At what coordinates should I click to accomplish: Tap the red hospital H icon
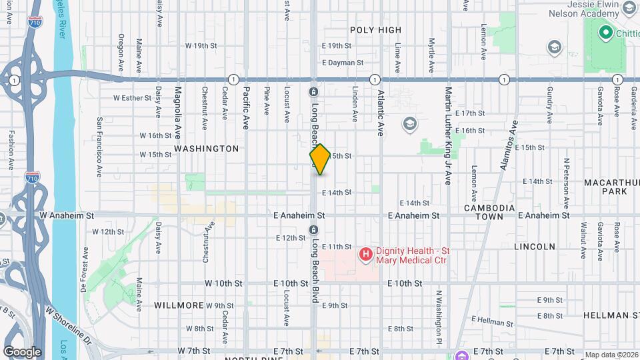coord(365,254)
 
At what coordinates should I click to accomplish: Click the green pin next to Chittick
coord(606,32)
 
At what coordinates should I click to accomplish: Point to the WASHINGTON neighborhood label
coord(207,148)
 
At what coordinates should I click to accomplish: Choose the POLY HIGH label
coord(376,30)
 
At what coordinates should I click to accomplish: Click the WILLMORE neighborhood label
coord(179,305)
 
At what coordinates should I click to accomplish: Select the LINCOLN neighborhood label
coord(535,247)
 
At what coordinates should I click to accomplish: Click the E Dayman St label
coord(342,63)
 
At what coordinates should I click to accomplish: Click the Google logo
coord(22,351)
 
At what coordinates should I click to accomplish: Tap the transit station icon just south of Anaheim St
coord(313,230)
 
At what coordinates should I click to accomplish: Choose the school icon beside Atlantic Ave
coord(409,124)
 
